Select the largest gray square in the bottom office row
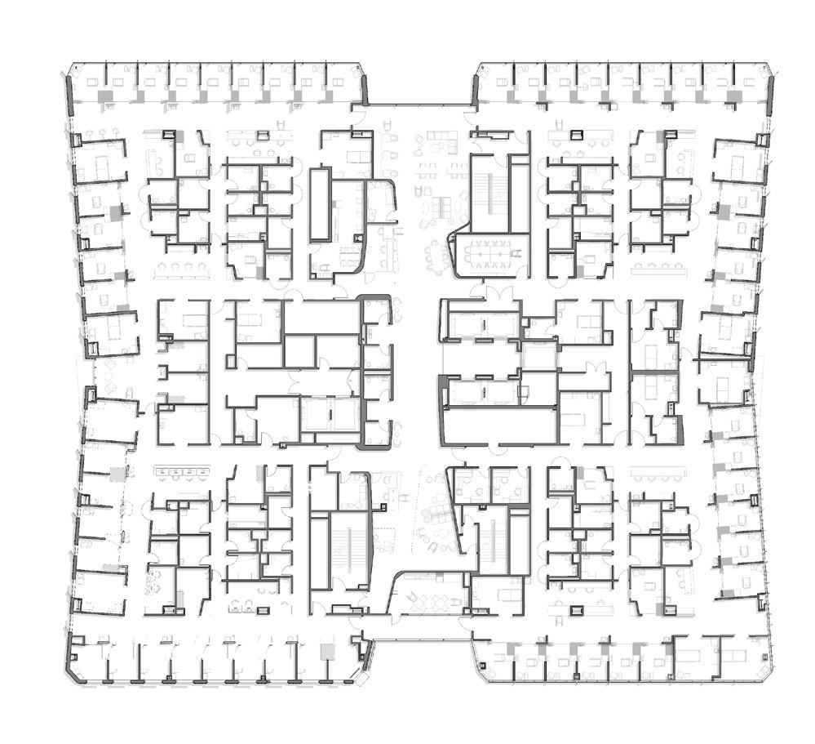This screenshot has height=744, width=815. click(328, 652)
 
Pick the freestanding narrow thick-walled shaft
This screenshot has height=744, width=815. click(321, 203)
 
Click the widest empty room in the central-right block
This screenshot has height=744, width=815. click(499, 425)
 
